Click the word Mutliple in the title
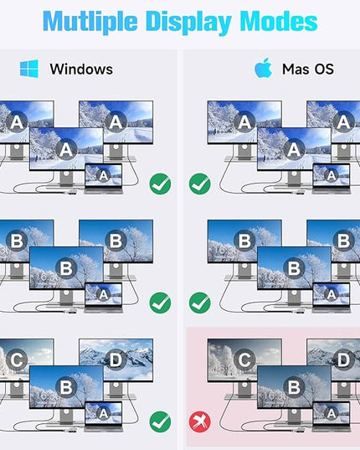[90, 22]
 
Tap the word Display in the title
[189, 22]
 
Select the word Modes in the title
[279, 21]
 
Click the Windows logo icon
[29, 69]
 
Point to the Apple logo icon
[263, 68]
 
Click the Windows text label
[81, 70]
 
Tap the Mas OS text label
[308, 70]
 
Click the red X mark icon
[200, 422]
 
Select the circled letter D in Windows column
[116, 359]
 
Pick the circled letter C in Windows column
[17, 359]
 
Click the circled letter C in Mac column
[244, 359]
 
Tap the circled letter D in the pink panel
[343, 359]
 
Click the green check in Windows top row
[160, 184]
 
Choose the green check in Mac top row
[200, 184]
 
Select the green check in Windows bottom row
[160, 422]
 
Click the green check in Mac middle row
[200, 303]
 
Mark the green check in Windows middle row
[160, 303]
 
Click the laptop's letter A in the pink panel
[331, 413]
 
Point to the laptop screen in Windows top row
[104, 175]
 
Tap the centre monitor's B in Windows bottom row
[66, 387]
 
